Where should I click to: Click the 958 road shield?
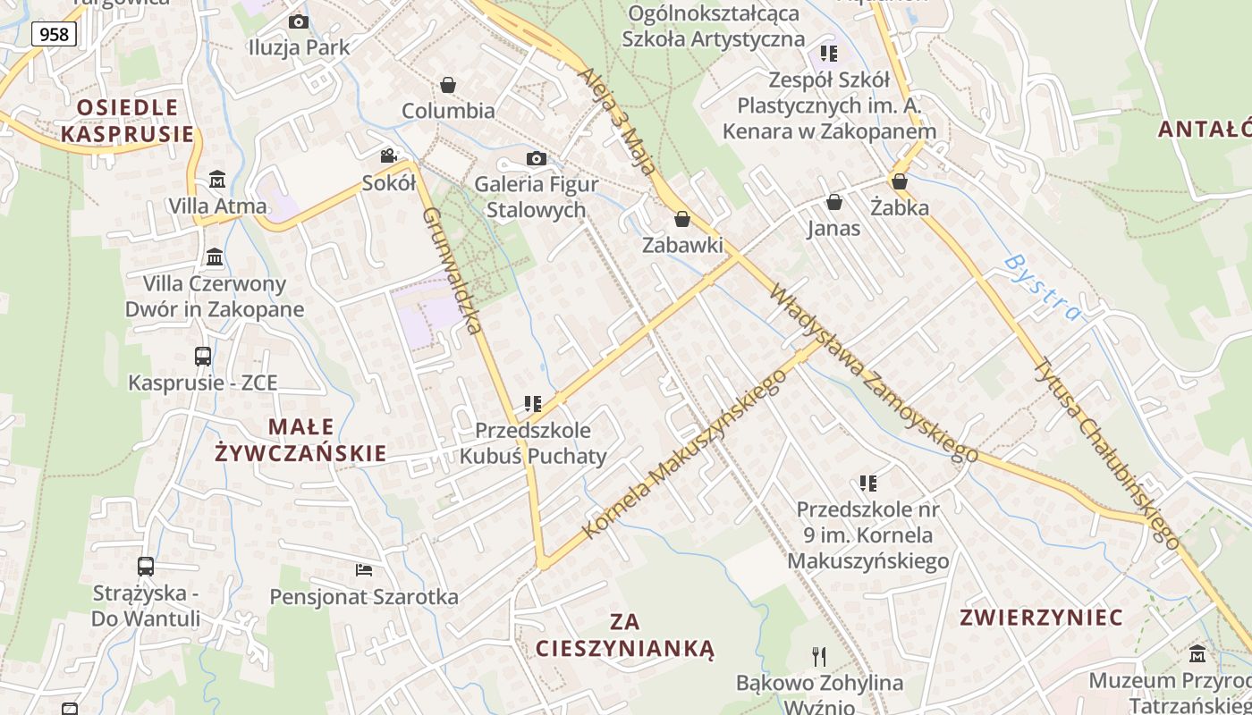[x=55, y=34]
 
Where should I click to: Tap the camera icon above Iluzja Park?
[x=299, y=21]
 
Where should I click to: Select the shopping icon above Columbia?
[x=448, y=85]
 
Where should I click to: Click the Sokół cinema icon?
[x=388, y=156]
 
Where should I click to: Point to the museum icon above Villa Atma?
[x=216, y=180]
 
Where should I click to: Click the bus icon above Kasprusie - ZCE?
[x=203, y=356]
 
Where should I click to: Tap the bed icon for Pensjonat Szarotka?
[x=363, y=569]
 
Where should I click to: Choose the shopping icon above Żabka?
[x=900, y=181]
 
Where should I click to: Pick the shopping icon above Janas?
[x=833, y=202]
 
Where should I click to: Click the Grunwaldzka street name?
[x=453, y=270]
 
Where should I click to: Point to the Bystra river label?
[x=1043, y=288]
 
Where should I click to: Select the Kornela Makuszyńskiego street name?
[x=685, y=453]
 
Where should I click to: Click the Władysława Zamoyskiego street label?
[x=873, y=373]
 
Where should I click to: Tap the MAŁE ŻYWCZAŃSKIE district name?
[x=300, y=440]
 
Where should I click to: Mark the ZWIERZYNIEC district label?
[x=1041, y=618]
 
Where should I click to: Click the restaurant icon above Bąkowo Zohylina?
[x=819, y=657]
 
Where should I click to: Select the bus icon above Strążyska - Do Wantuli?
[x=146, y=566]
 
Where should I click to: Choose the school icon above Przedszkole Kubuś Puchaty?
[x=533, y=404]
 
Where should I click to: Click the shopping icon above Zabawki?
[x=682, y=219]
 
